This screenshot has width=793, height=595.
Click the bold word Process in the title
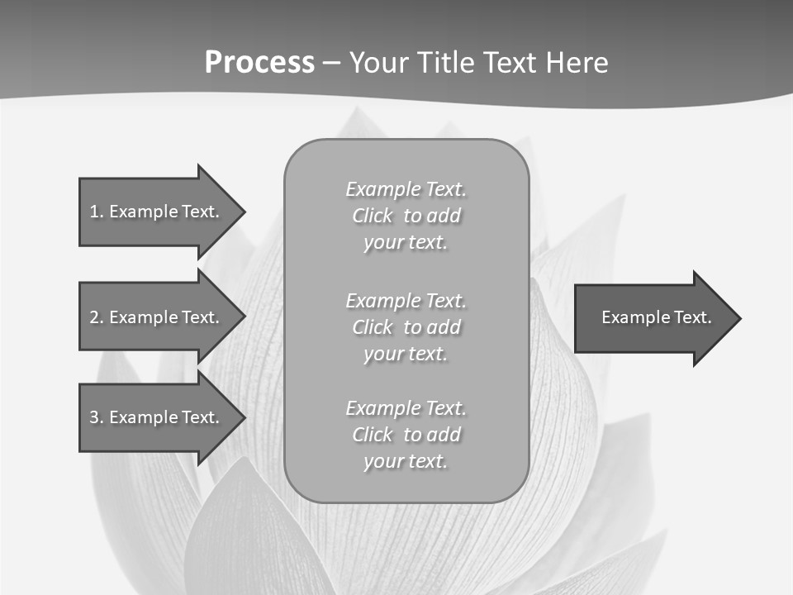tap(259, 63)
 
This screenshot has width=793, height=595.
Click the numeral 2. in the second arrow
tap(96, 317)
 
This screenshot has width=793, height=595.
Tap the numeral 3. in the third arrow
tap(96, 417)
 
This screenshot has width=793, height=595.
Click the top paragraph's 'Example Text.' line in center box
tap(406, 189)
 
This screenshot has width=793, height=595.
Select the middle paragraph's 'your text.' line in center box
tap(406, 354)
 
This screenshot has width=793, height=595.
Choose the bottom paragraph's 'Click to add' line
tap(406, 435)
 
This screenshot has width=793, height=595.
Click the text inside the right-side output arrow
tap(656, 317)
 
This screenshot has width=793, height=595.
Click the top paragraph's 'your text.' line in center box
tap(406, 243)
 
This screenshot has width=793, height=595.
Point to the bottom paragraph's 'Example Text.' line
tap(406, 408)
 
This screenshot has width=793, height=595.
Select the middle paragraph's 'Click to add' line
tap(406, 327)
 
